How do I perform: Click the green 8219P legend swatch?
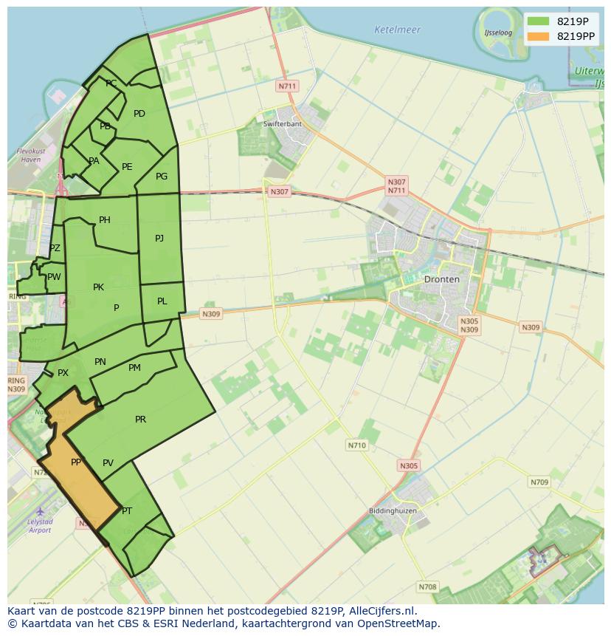(538, 21)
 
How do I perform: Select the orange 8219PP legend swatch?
(538, 36)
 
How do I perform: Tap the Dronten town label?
(441, 279)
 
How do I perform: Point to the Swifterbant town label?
(282, 123)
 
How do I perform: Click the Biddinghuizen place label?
(393, 511)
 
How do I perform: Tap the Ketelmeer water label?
(397, 30)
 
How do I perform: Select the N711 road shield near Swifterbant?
(287, 86)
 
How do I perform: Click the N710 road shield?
(356, 445)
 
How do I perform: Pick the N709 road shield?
(539, 482)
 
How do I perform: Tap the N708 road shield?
(427, 587)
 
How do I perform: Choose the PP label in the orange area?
(75, 462)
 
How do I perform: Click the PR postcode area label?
(140, 420)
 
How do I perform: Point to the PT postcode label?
(127, 511)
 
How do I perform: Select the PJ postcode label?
(159, 238)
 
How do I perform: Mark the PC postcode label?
(111, 83)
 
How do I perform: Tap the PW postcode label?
(54, 277)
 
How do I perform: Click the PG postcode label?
(162, 176)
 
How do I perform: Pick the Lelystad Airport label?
(40, 526)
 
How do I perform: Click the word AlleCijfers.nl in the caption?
(379, 611)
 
